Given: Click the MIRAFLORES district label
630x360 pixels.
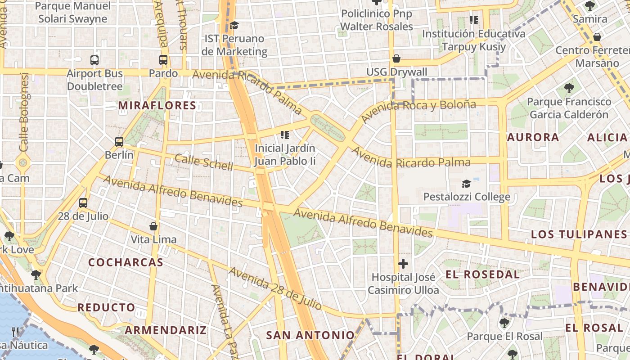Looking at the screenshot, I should [x=157, y=106].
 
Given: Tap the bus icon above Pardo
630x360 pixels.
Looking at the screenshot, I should [x=163, y=60].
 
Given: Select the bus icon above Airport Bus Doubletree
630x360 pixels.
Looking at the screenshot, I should [x=94, y=60].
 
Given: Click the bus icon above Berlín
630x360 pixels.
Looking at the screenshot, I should [x=119, y=142].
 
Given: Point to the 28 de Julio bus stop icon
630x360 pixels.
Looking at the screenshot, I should [x=83, y=203].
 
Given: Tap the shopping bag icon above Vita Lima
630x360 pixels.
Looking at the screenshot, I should [x=153, y=226].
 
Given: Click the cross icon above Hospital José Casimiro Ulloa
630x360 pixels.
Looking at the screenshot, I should [x=403, y=264].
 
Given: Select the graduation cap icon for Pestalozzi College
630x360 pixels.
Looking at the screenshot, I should [x=467, y=184].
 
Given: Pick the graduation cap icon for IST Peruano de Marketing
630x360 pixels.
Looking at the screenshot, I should [x=234, y=25].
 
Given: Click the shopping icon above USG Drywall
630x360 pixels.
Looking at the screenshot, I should [x=396, y=58].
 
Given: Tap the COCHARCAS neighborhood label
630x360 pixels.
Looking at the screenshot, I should [x=126, y=262].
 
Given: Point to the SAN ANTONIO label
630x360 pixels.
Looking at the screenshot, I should [x=310, y=335].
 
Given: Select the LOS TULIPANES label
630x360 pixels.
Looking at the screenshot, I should [x=579, y=234].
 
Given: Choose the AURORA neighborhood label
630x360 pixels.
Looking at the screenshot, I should [x=533, y=137].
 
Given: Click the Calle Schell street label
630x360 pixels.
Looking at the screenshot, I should [x=204, y=162].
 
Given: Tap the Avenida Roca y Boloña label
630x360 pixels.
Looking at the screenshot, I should [x=418, y=111].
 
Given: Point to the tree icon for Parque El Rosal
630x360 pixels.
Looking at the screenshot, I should [x=504, y=323].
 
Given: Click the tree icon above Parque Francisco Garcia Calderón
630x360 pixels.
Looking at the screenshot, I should [x=569, y=88].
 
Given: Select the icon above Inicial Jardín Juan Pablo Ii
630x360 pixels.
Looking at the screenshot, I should [x=284, y=135].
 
